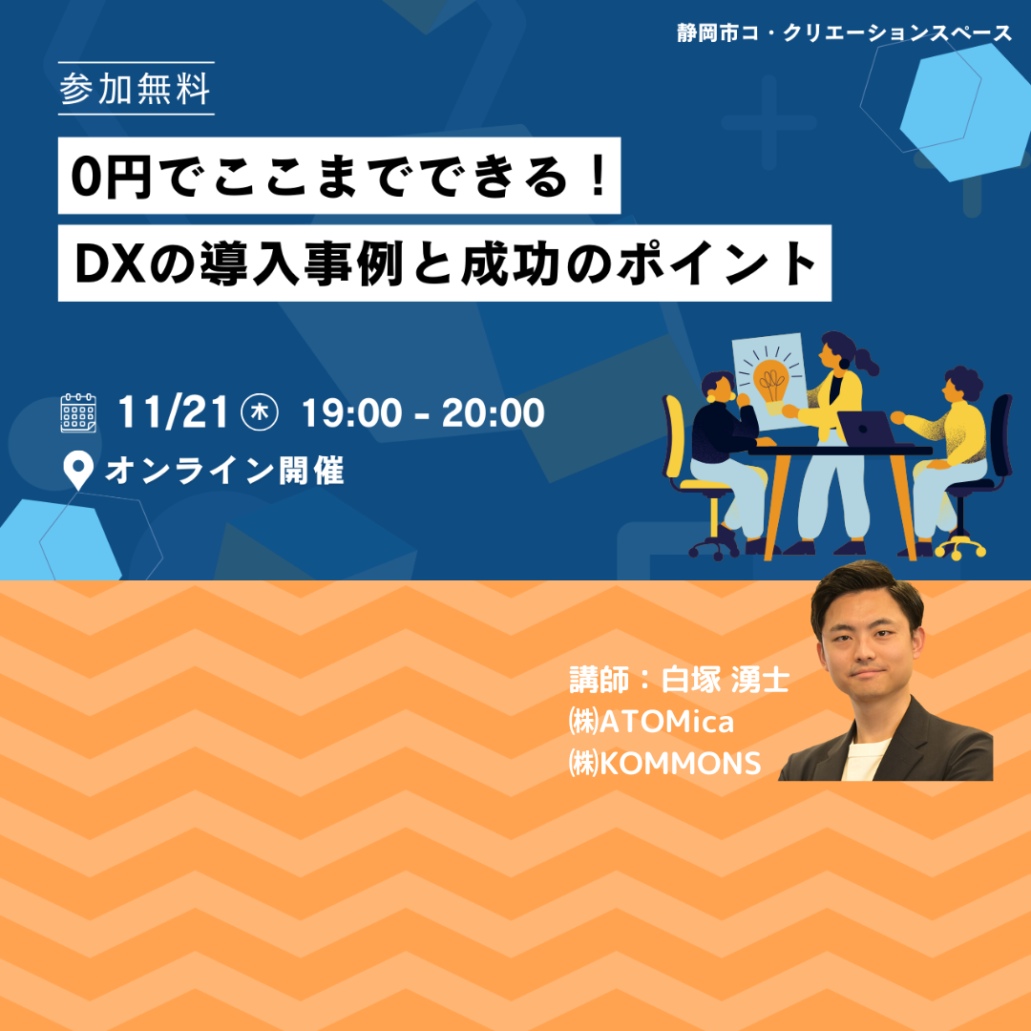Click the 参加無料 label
coord(136,90)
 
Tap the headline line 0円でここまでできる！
coord(339,177)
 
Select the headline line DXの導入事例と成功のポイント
coord(445,263)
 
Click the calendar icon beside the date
coord(78,413)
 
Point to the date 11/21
coord(172,413)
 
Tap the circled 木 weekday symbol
coord(260,413)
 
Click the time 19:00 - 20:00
coord(423,413)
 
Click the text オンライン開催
coord(224,471)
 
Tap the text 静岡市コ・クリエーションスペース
coord(844,33)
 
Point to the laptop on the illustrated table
coord(866,429)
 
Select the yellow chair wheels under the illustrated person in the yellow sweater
coord(960,546)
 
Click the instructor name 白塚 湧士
coord(725,680)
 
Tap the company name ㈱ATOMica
coord(651,722)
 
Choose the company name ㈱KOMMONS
coord(664,764)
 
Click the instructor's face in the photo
coord(867,646)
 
